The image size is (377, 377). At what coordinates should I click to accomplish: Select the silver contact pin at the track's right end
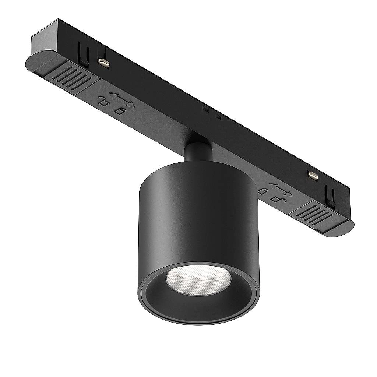tap(313, 176)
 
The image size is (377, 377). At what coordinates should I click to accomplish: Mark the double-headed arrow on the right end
tap(281, 188)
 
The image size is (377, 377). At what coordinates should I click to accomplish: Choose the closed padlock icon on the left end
tap(119, 110)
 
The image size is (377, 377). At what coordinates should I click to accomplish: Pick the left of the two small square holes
tap(207, 110)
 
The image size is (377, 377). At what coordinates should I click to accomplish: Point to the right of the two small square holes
tap(218, 117)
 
